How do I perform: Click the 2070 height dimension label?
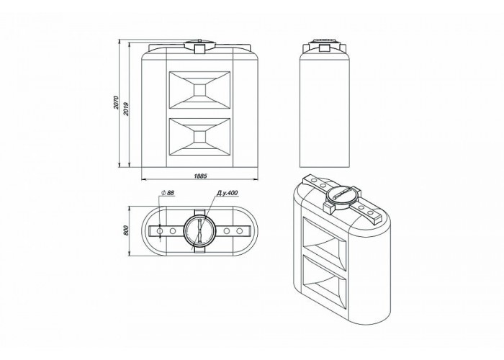(x=116, y=102)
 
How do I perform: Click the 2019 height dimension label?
(x=126, y=109)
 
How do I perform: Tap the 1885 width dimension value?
(x=201, y=176)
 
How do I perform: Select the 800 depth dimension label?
(x=126, y=230)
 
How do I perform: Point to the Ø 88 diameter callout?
(x=167, y=193)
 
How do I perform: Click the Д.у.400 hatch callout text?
(x=227, y=193)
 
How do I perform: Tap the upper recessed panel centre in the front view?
(x=199, y=90)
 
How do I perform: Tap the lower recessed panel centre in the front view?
(x=199, y=137)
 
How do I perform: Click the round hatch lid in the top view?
(x=199, y=231)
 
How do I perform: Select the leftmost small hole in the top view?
(x=160, y=231)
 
